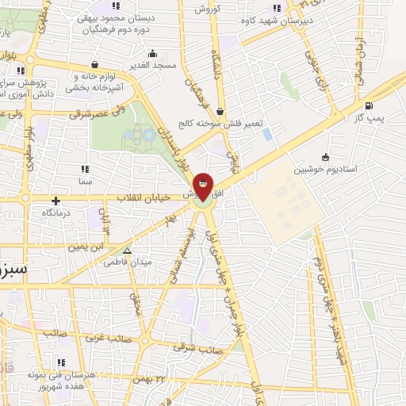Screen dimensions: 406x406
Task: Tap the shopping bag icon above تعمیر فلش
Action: (x=219, y=112)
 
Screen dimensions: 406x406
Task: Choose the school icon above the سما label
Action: (x=85, y=168)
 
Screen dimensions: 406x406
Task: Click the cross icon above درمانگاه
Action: (x=56, y=201)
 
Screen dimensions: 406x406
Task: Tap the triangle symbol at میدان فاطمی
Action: (x=126, y=251)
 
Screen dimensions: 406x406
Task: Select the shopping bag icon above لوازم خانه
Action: (x=94, y=65)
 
